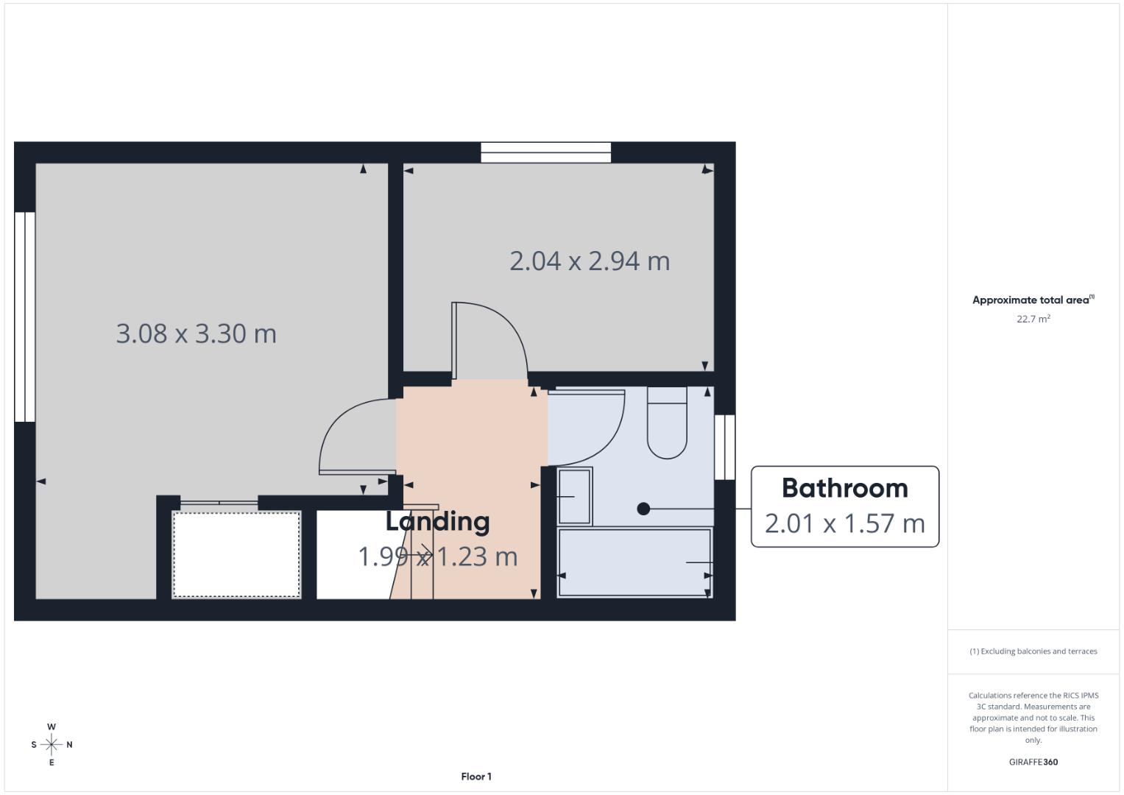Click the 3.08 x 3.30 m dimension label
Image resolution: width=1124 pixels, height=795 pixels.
(x=196, y=333)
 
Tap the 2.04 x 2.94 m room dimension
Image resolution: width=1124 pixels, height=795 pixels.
(x=590, y=261)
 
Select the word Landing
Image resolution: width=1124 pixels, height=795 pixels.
(x=437, y=521)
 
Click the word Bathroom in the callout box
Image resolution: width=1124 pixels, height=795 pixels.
(x=844, y=488)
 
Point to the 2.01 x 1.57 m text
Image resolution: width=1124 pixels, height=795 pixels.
(x=844, y=523)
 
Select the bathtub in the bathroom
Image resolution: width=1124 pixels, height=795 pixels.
(x=635, y=562)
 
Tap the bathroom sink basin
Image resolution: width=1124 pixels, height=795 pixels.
(x=574, y=496)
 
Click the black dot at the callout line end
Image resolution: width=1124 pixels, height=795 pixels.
(x=643, y=509)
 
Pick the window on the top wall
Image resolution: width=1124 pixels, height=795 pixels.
(x=546, y=152)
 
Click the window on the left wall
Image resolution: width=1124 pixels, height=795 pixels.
(x=25, y=317)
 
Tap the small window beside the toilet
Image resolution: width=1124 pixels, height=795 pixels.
(x=724, y=447)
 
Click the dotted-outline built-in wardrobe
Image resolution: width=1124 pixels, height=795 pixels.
(x=236, y=554)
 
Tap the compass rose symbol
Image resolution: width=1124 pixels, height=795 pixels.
(x=52, y=745)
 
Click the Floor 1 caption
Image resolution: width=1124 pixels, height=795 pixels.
(x=476, y=777)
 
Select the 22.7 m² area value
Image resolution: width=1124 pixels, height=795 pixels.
(x=1033, y=319)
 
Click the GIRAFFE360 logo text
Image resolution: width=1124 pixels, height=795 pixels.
(x=1033, y=762)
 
